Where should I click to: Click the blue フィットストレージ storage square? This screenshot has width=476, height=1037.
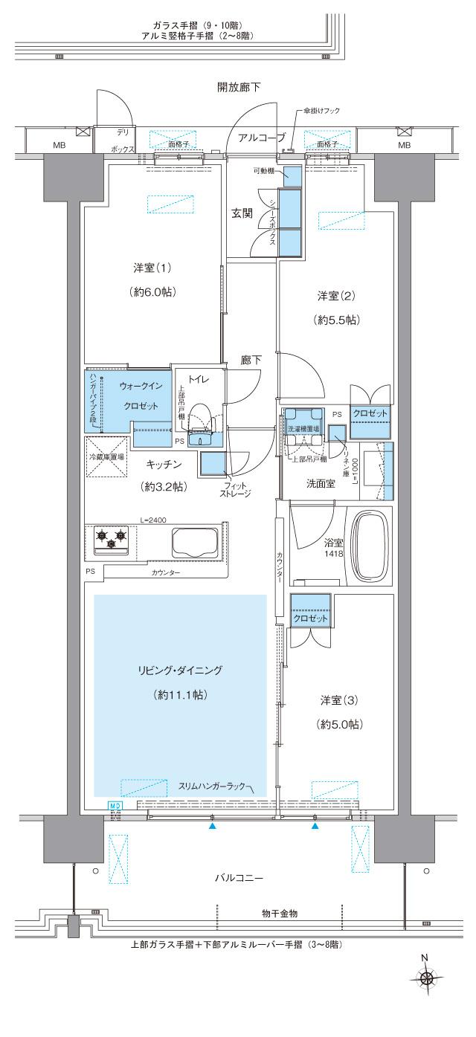(x=213, y=464)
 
